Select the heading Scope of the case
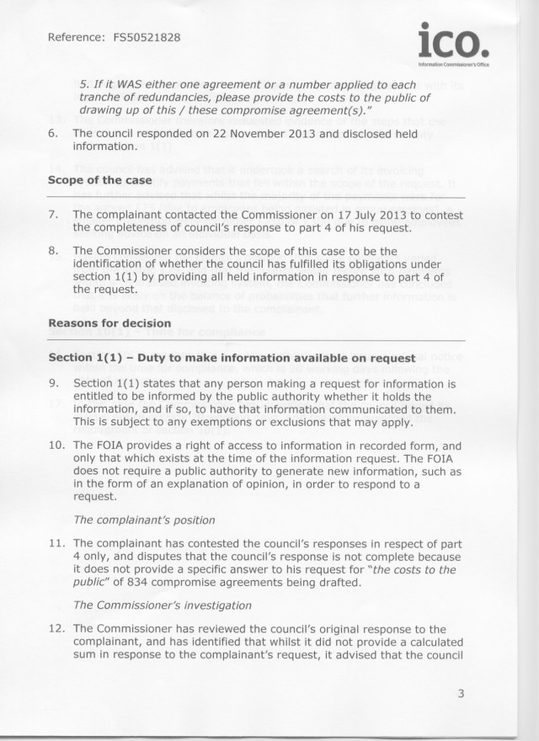[x=100, y=181]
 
